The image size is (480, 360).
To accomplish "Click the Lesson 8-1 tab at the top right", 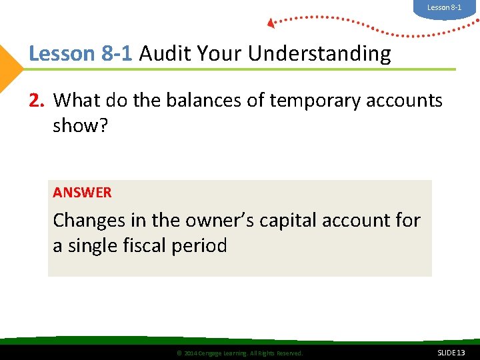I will click(x=444, y=7).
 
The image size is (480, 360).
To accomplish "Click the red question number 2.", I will click(x=36, y=101).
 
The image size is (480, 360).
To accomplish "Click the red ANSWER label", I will click(x=82, y=193).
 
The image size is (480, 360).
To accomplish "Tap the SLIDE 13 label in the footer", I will click(x=451, y=352).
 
